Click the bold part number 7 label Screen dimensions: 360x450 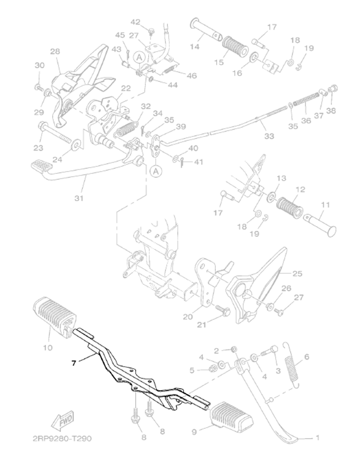[74, 363]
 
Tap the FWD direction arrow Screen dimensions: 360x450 [62, 421]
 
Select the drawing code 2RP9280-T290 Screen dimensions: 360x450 [62, 439]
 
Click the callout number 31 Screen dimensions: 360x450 [79, 198]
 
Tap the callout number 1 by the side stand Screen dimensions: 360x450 [317, 438]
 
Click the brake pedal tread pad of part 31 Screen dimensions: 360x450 [41, 166]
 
